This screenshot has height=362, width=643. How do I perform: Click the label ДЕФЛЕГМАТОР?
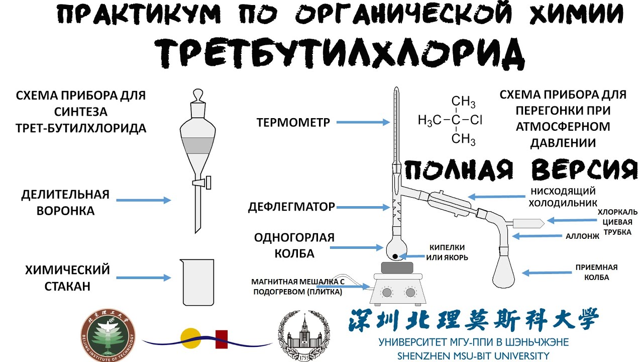tap(291, 207)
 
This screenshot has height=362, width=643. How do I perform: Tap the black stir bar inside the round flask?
tap(396, 257)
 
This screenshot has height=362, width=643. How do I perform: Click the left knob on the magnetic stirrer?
tap(387, 292)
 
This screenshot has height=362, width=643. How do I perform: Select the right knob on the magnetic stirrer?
tap(410, 292)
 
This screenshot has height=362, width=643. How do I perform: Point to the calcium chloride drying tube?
tap(528, 222)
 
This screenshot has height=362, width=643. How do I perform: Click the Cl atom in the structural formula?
tap(477, 120)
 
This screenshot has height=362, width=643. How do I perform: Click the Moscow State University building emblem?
tap(305, 335)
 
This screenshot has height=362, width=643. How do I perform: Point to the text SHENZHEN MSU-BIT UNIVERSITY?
tap(472, 355)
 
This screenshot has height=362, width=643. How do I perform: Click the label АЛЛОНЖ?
tap(582, 235)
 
